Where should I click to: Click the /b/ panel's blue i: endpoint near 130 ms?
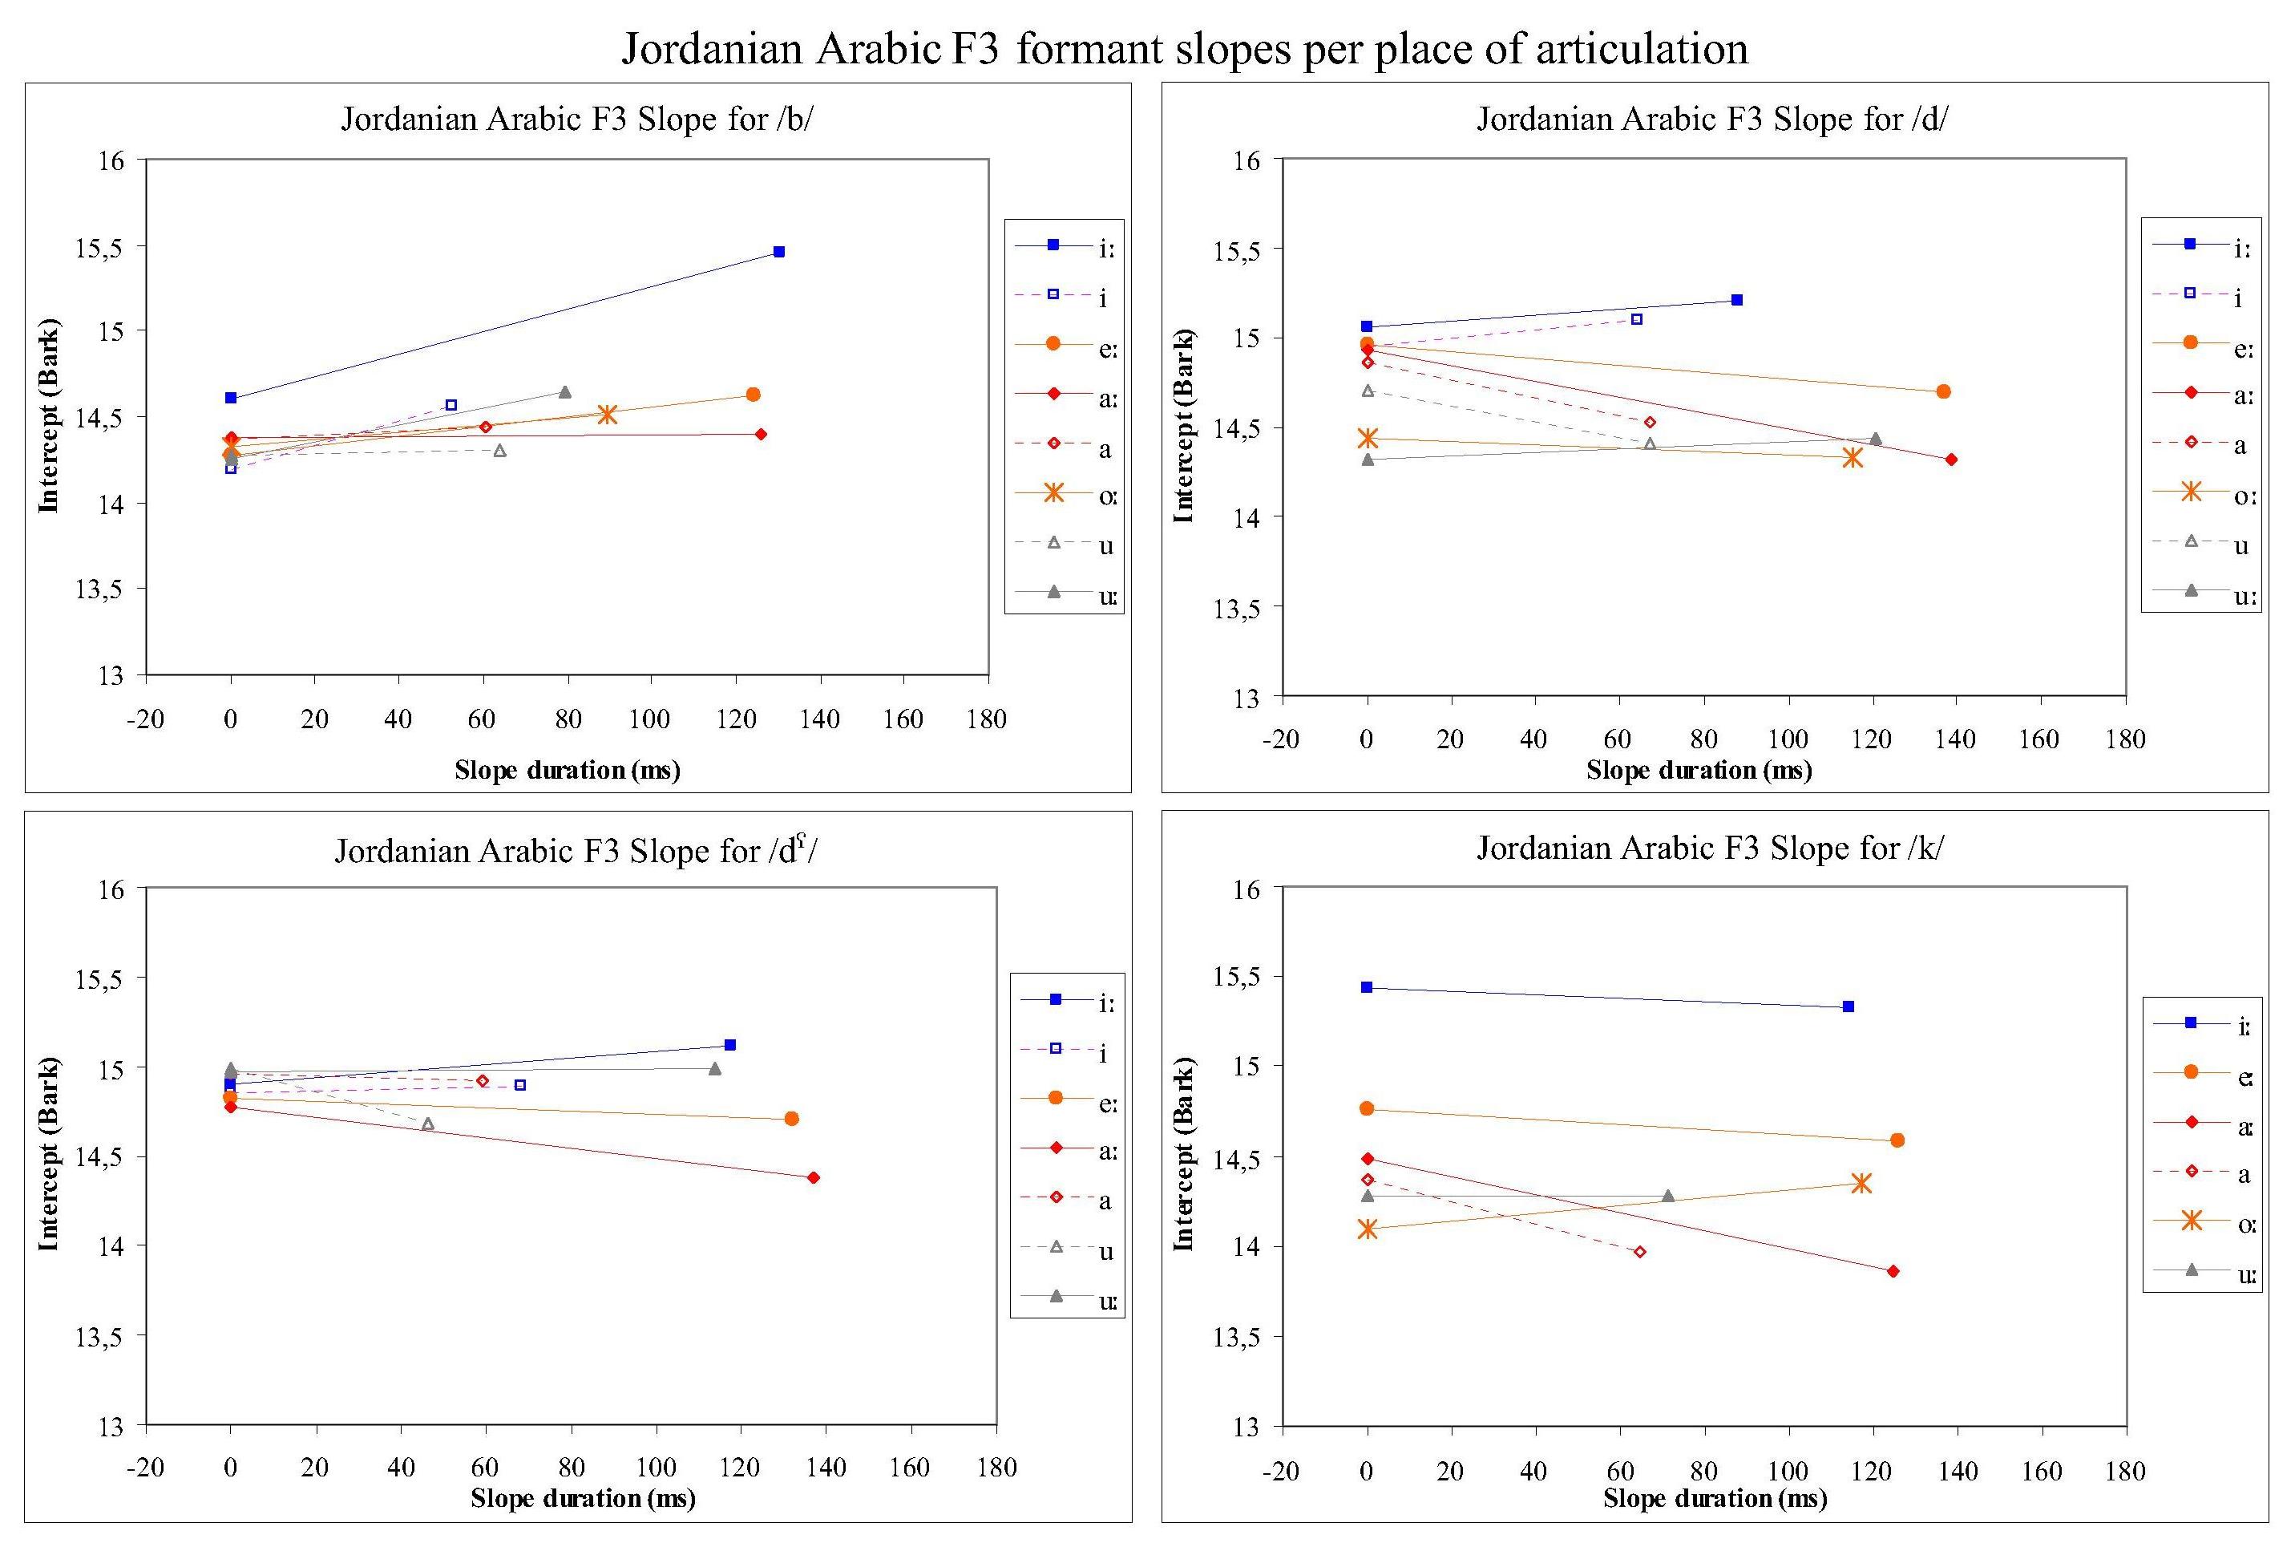[x=779, y=252]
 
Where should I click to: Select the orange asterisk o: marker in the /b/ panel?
[x=607, y=415]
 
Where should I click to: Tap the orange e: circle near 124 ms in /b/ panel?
[x=753, y=395]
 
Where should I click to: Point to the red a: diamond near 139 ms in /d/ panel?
[x=1951, y=460]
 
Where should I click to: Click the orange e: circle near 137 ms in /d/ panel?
[x=1943, y=391]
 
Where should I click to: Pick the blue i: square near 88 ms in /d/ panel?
[x=1737, y=300]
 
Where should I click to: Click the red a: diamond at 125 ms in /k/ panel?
[x=1893, y=1272]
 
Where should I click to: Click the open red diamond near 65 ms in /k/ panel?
[x=1640, y=1252]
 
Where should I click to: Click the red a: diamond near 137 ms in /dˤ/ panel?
[x=813, y=1177]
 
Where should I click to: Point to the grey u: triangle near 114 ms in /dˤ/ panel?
[x=715, y=1068]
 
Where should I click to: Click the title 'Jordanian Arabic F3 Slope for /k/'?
[x=1709, y=848]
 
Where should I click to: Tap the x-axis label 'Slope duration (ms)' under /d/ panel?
[x=1699, y=771]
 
